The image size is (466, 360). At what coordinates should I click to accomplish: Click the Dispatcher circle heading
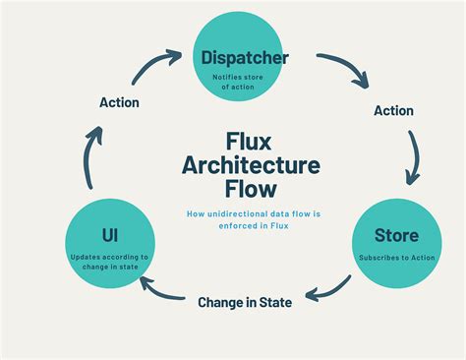pos(245,58)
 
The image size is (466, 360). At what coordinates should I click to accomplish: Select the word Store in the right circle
pos(396,235)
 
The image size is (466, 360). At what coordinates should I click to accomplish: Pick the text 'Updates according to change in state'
pos(111,261)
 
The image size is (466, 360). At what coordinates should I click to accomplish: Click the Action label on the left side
pos(119,101)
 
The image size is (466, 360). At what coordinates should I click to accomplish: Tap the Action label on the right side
pos(393,110)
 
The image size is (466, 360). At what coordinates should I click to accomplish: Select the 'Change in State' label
pos(245,302)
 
